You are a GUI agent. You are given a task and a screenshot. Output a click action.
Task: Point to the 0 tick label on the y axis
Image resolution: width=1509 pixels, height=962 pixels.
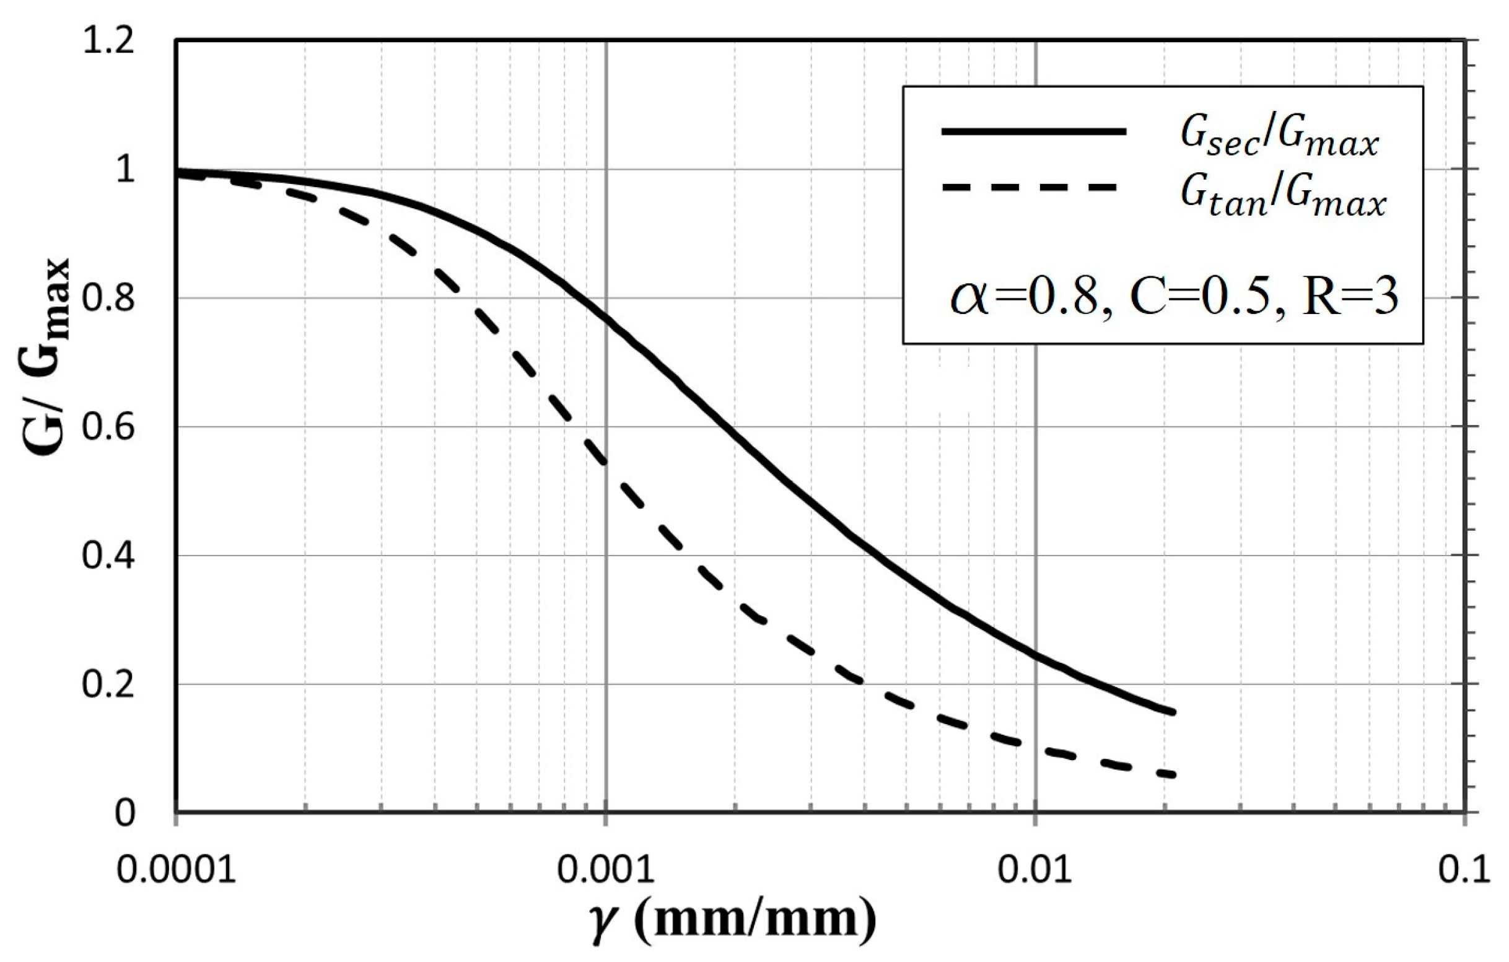[125, 813]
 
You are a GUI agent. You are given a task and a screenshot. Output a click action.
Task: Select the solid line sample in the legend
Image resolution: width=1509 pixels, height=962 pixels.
[1033, 131]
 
